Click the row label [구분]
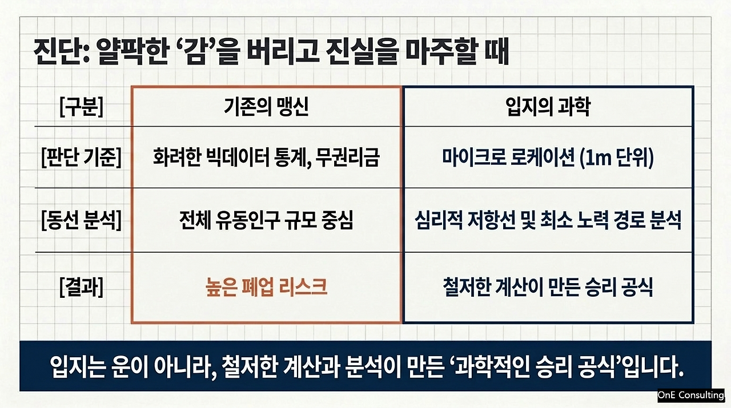click(81, 107)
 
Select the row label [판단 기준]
click(81, 157)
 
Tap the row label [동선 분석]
click(81, 220)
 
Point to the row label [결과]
click(81, 288)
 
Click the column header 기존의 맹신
click(266, 107)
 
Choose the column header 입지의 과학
click(548, 107)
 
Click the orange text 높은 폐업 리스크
click(266, 287)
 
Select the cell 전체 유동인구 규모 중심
click(266, 220)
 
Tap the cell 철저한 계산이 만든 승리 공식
click(548, 287)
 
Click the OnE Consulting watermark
click(690, 395)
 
